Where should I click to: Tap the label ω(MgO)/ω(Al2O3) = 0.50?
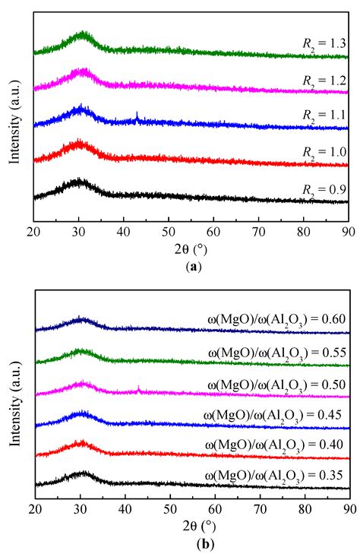coord(276,385)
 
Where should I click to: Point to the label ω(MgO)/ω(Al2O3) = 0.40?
coord(276,444)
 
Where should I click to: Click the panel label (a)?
coord(191,267)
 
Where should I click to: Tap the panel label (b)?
coord(191,544)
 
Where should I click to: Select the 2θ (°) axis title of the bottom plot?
coord(191,524)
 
